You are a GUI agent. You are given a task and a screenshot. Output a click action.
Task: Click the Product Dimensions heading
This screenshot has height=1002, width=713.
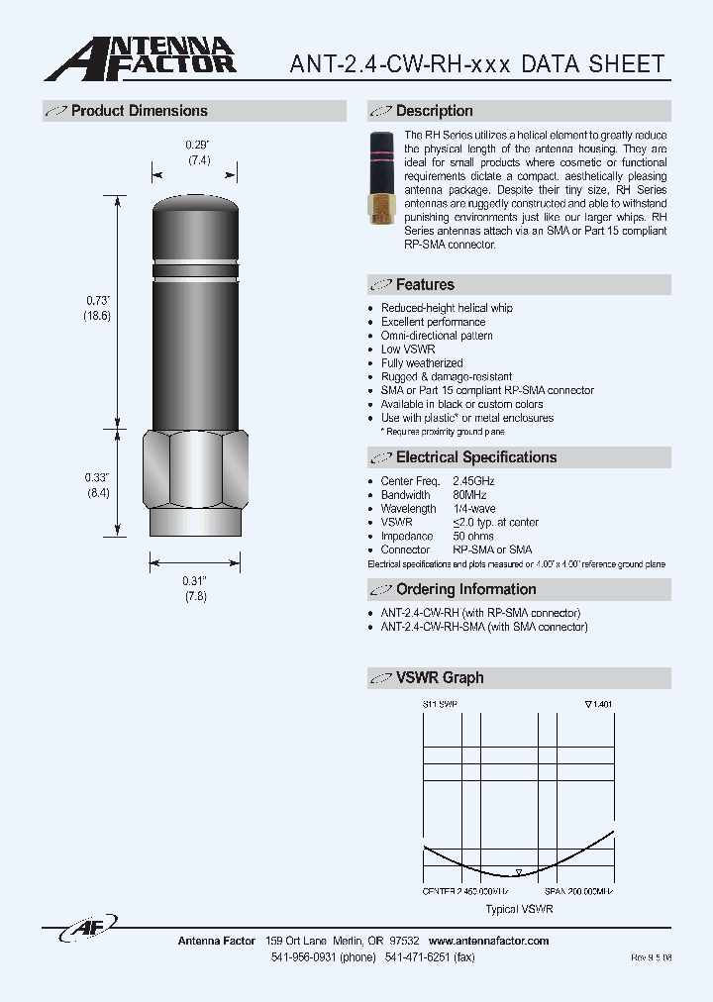click(x=139, y=111)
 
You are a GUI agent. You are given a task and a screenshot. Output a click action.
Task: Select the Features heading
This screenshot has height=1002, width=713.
click(x=425, y=285)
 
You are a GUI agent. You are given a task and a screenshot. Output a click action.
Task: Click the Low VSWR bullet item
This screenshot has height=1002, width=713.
click(x=408, y=350)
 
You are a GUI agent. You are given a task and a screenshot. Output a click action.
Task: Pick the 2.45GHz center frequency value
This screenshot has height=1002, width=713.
click(x=473, y=481)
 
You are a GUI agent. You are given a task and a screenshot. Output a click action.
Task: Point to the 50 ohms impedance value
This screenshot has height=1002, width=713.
click(x=473, y=536)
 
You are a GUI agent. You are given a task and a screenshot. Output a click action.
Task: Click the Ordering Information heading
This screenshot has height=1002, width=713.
click(x=465, y=589)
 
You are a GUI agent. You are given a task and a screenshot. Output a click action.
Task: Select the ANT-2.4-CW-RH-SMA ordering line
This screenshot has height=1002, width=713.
click(x=484, y=627)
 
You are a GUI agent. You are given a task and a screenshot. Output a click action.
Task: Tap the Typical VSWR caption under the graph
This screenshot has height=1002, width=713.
click(x=519, y=908)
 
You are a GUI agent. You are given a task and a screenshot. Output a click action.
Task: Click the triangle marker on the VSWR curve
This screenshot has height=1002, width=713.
click(x=519, y=872)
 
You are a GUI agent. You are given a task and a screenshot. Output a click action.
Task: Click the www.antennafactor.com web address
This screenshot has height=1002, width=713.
click(x=488, y=941)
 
